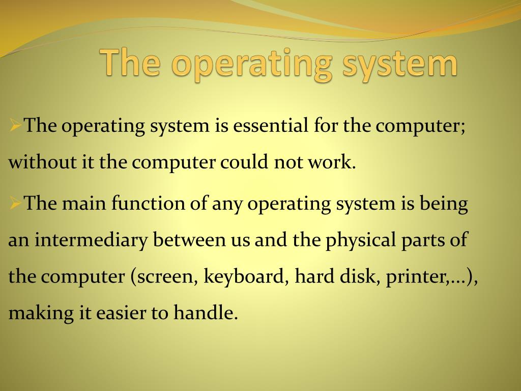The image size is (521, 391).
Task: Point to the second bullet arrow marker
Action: pyautogui.click(x=16, y=203)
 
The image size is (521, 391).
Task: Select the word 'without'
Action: pyautogui.click(x=42, y=162)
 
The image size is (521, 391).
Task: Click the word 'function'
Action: pyautogui.click(x=148, y=203)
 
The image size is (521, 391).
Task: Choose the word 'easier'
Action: pyautogui.click(x=121, y=313)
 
